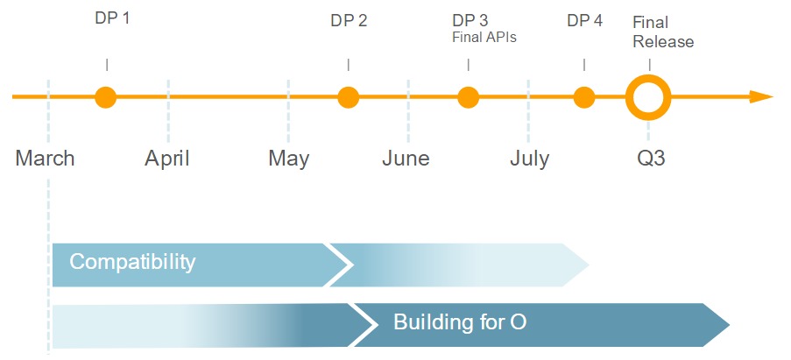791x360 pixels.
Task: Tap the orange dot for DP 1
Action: pos(106,97)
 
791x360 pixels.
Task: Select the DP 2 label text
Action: pos(350,21)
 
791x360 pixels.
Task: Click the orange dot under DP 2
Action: pos(348,97)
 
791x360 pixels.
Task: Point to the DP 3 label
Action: pos(470,21)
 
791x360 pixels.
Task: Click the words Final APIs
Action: pos(484,38)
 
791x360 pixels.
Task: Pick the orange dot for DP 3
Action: pos(468,97)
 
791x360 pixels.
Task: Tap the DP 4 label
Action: pos(584,21)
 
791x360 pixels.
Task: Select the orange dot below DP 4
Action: pos(584,97)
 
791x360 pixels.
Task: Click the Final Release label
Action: pos(663,32)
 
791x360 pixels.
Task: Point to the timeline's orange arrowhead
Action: pos(761,97)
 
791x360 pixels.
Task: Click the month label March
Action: pos(45,159)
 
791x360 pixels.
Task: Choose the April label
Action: pos(167,159)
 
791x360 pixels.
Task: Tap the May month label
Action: pos(288,159)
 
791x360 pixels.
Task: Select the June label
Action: pos(406,159)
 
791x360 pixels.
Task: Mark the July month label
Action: pos(530,159)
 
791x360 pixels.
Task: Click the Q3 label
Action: pos(651,159)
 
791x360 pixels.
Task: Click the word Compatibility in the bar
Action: pos(132,263)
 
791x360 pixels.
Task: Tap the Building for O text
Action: pos(460,322)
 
